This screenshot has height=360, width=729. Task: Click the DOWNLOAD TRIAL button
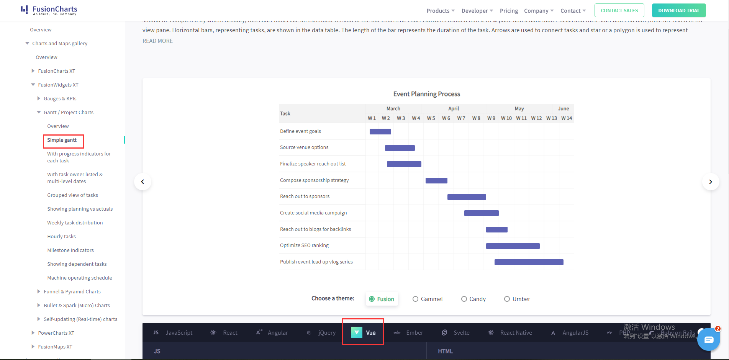[x=678, y=11]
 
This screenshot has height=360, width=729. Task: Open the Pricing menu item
[x=509, y=11]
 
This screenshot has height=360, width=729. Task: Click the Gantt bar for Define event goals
[x=380, y=131]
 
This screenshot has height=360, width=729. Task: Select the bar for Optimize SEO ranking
[x=513, y=246]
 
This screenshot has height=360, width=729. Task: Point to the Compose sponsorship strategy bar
[x=436, y=180]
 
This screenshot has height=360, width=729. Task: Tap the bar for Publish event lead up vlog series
[x=529, y=262]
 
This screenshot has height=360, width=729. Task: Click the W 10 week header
[x=506, y=118]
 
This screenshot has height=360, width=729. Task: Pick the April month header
[x=454, y=108]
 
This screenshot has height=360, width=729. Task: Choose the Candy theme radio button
[x=464, y=299]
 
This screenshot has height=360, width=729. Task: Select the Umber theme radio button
[x=507, y=299]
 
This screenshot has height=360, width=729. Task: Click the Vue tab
[x=363, y=332]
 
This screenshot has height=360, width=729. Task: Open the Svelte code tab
[x=455, y=332]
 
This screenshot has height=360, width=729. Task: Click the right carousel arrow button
[x=710, y=182]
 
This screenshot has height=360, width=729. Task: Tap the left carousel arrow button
[x=143, y=182]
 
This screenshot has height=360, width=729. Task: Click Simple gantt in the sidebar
[x=62, y=140]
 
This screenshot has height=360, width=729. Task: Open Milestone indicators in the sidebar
[x=70, y=250]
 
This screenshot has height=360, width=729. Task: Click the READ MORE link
[x=157, y=41]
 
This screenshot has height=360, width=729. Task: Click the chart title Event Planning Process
[x=426, y=94]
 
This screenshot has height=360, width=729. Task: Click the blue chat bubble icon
[x=708, y=339]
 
